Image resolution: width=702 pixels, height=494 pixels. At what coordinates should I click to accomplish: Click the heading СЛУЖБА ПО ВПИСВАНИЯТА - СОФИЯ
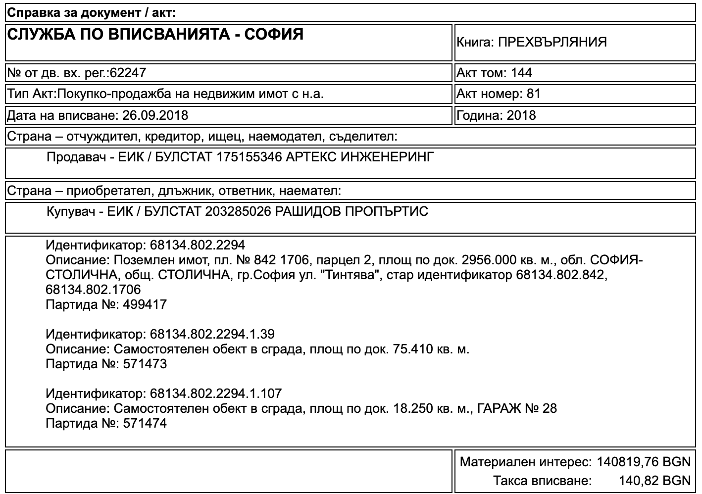(x=155, y=35)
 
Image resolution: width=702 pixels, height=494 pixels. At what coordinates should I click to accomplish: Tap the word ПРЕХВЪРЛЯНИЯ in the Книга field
(x=552, y=42)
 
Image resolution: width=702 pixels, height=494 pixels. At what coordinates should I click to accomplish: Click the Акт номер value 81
(x=534, y=94)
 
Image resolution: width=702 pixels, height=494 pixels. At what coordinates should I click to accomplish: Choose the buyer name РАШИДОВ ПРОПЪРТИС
(x=351, y=212)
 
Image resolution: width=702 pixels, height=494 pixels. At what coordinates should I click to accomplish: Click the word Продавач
(x=77, y=157)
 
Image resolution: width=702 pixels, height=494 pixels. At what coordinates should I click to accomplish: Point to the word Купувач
(x=72, y=212)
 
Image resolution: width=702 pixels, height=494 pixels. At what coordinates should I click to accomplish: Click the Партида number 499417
(x=143, y=304)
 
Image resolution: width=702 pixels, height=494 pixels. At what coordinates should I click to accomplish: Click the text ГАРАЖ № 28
(x=517, y=409)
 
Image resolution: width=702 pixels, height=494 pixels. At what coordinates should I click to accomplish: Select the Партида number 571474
(x=143, y=424)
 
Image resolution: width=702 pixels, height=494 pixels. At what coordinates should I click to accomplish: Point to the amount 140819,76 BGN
(x=643, y=462)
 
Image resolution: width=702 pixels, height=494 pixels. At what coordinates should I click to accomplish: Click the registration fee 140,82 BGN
(x=654, y=481)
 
